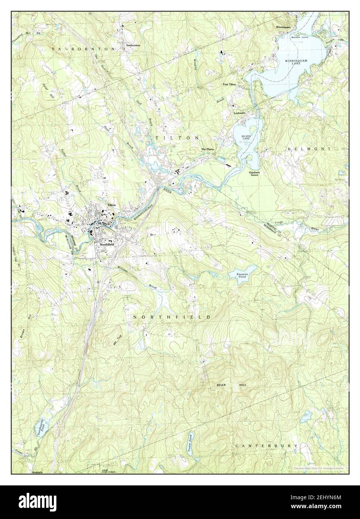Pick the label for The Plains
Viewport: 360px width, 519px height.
208,149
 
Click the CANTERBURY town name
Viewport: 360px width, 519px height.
267,446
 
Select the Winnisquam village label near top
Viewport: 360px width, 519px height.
283,27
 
